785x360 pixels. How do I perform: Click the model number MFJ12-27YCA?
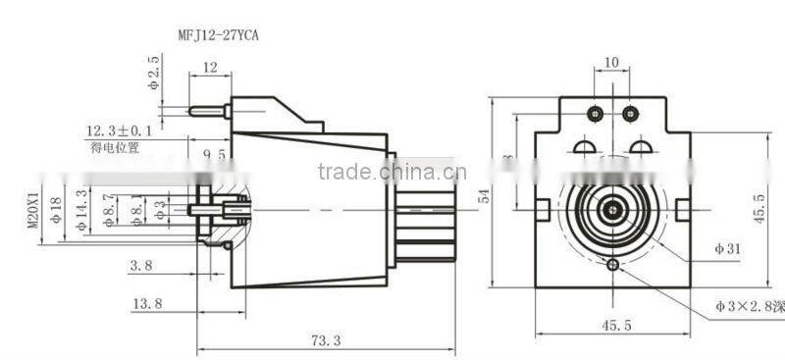tap(218, 35)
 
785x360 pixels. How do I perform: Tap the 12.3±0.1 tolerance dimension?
tap(121, 130)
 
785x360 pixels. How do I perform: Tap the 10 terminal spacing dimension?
tap(611, 62)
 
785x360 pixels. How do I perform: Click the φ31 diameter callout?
tap(727, 249)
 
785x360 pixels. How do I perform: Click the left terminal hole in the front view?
tap(596, 114)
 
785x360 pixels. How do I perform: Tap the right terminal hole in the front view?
tap(628, 114)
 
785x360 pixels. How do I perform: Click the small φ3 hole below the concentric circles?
tap(613, 266)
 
